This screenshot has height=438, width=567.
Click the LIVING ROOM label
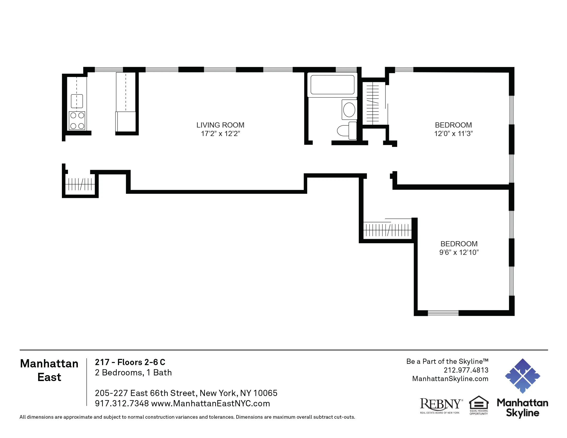coord(220,125)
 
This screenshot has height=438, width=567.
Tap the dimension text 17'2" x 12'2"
coord(220,134)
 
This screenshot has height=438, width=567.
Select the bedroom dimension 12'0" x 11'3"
coord(453,134)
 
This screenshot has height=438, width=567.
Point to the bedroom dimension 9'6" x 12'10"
coord(459,252)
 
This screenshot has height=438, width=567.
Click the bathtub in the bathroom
coord(332,85)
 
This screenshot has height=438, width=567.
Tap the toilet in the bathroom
coord(347,131)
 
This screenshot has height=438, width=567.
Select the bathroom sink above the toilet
coord(349,109)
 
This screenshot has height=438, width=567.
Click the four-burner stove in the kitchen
coord(77,121)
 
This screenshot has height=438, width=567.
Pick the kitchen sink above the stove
coord(77,101)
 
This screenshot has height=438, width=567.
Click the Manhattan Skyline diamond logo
coord(522,376)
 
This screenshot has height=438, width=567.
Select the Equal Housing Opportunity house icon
coord(479,403)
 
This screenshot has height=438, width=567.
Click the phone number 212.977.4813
coord(466,370)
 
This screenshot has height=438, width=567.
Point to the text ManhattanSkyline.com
coord(450,378)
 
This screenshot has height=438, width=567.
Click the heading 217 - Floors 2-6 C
coord(130,362)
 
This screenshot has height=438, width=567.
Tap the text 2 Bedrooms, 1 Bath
coord(133,372)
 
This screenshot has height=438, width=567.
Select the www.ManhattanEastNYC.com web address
coord(210,403)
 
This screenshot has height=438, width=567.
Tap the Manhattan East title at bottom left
coord(49,370)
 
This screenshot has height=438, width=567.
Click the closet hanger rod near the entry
coord(80,184)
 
